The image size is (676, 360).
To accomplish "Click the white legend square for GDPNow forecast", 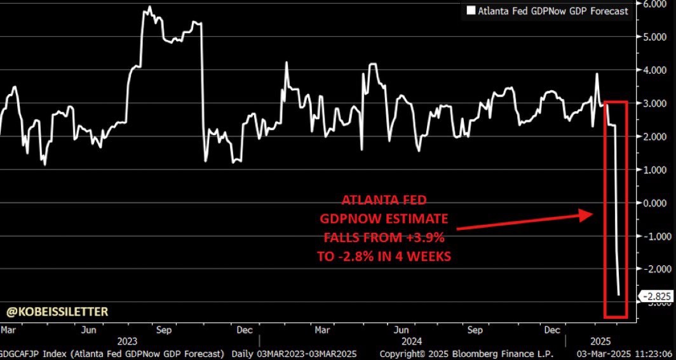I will [x=471, y=11].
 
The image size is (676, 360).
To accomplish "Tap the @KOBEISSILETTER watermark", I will [x=58, y=311].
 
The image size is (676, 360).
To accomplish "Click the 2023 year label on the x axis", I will [x=127, y=340].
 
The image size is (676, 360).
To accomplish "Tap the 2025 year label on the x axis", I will [x=597, y=340].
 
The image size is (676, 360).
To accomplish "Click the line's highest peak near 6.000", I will [x=149, y=7].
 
